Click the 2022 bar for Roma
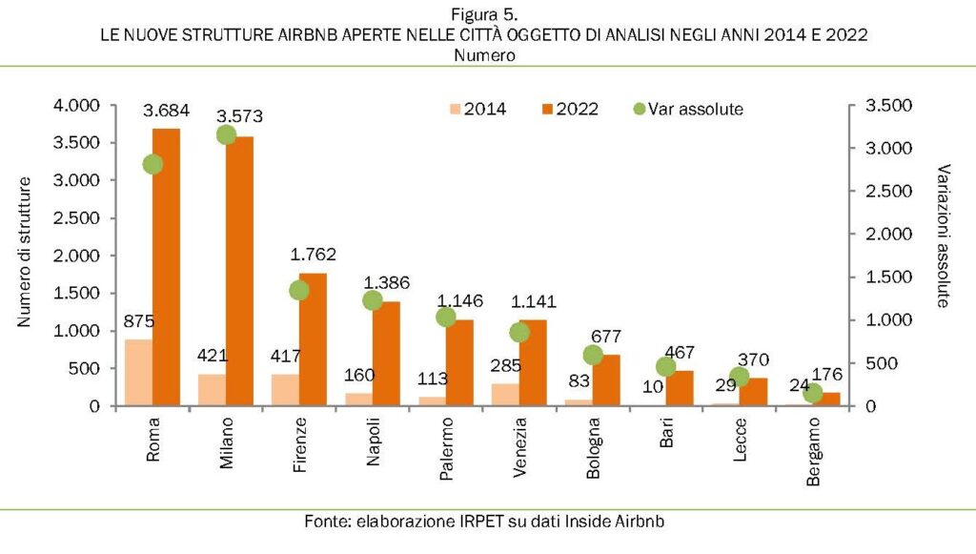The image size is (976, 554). click(x=167, y=267)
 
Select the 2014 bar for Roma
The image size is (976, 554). click(x=139, y=373)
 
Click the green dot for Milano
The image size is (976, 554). click(x=226, y=135)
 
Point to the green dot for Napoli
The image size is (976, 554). click(x=373, y=300)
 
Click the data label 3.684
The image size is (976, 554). click(x=166, y=112)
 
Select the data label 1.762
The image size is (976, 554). click(x=312, y=256)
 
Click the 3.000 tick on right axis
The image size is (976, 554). click(x=887, y=149)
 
